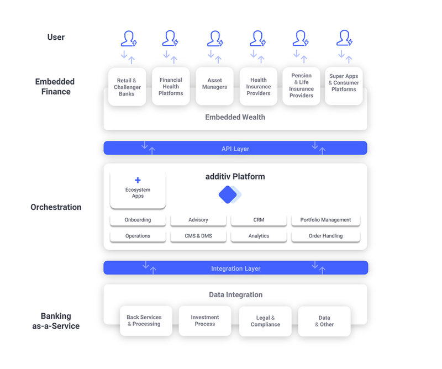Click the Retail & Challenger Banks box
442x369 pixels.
[127, 87]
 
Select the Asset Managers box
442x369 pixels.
[214, 86]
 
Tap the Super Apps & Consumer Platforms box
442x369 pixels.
[344, 86]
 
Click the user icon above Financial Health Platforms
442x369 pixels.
[170, 38]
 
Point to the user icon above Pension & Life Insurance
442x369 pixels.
[301, 38]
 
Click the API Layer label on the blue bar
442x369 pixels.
[235, 149]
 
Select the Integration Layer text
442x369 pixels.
[236, 268]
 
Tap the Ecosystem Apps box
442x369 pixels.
[138, 190]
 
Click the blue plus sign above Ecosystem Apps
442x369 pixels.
[138, 180]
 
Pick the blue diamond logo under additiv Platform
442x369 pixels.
[229, 194]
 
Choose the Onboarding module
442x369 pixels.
[138, 220]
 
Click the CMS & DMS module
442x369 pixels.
[198, 236]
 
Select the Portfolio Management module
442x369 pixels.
[325, 220]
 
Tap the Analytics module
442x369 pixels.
[259, 236]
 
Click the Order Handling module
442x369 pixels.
[325, 236]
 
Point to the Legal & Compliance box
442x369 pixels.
[265, 321]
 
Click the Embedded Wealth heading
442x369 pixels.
[235, 117]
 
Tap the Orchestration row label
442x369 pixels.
[56, 207]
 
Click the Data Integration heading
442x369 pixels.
[236, 294]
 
